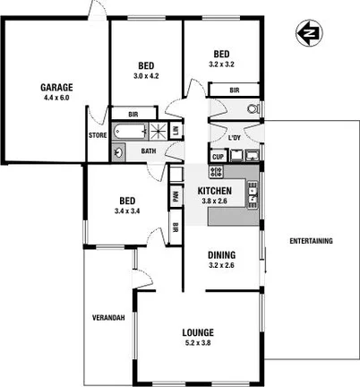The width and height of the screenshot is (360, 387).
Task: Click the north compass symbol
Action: click(x=310, y=35)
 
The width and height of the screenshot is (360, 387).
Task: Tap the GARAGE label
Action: click(x=55, y=87)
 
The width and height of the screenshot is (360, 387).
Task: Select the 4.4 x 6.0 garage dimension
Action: click(x=55, y=98)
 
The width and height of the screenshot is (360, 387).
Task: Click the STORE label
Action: click(x=98, y=135)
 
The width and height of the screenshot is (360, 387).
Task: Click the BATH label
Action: click(x=149, y=151)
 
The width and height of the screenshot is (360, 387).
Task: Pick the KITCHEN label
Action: click(x=216, y=191)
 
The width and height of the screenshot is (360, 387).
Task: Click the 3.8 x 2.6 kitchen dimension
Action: click(x=216, y=202)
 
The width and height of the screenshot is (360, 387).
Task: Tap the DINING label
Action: click(x=221, y=254)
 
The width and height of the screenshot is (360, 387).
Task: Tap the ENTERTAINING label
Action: click(x=310, y=241)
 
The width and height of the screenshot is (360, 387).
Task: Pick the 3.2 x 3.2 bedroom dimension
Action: click(x=220, y=64)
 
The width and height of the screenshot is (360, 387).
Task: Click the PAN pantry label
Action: click(x=175, y=195)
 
